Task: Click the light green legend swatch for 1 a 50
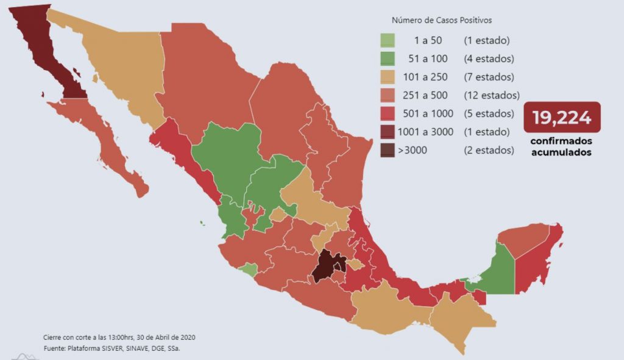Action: tap(386, 41)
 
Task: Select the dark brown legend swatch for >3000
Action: tap(386, 150)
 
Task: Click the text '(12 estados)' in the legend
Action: tap(491, 96)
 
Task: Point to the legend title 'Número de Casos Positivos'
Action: tap(442, 20)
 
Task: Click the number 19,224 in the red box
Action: tap(561, 118)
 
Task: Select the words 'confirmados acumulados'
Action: tap(561, 147)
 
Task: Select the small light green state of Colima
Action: tap(248, 269)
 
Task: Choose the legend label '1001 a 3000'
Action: tap(425, 132)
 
